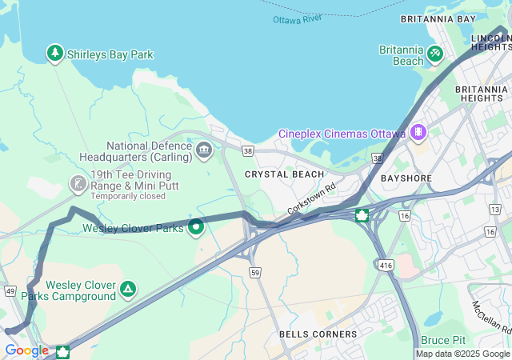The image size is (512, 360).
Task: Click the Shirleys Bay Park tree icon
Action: tap(54, 54)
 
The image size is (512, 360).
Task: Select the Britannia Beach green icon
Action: tap(434, 54)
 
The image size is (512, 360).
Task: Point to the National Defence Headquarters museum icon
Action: tap(204, 149)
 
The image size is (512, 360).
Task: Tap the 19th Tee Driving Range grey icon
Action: tap(78, 184)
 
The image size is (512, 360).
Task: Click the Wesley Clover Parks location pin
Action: tap(196, 227)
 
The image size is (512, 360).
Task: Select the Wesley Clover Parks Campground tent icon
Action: tap(128, 289)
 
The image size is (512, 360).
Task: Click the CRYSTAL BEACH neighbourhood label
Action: tap(284, 174)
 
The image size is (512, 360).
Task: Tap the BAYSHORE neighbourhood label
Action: tap(406, 178)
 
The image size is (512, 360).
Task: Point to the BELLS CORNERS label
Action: tap(318, 334)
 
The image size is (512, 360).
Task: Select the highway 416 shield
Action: tap(386, 263)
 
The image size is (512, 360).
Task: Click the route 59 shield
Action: tap(255, 273)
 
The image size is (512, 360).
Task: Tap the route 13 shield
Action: tap(494, 209)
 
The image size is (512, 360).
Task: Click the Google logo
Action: tap(26, 350)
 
